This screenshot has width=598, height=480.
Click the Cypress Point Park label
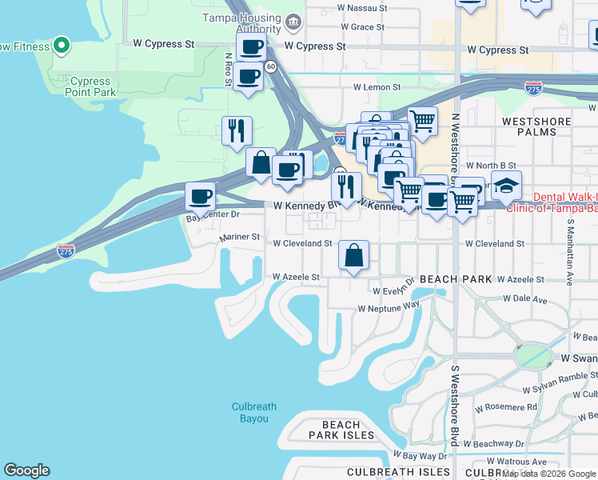click(90, 86)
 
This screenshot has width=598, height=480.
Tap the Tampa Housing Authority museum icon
click(293, 20)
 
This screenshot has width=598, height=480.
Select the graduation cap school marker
click(506, 186)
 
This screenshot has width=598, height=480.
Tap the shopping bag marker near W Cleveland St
click(353, 255)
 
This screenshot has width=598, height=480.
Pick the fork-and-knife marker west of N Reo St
click(237, 130)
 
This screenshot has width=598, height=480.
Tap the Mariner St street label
click(240, 237)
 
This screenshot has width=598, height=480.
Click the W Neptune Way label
click(389, 307)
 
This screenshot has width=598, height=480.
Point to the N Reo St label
click(228, 68)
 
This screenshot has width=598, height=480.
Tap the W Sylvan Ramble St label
click(559, 383)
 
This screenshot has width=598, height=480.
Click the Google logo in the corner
click(26, 470)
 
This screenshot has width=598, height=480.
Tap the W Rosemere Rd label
click(505, 407)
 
